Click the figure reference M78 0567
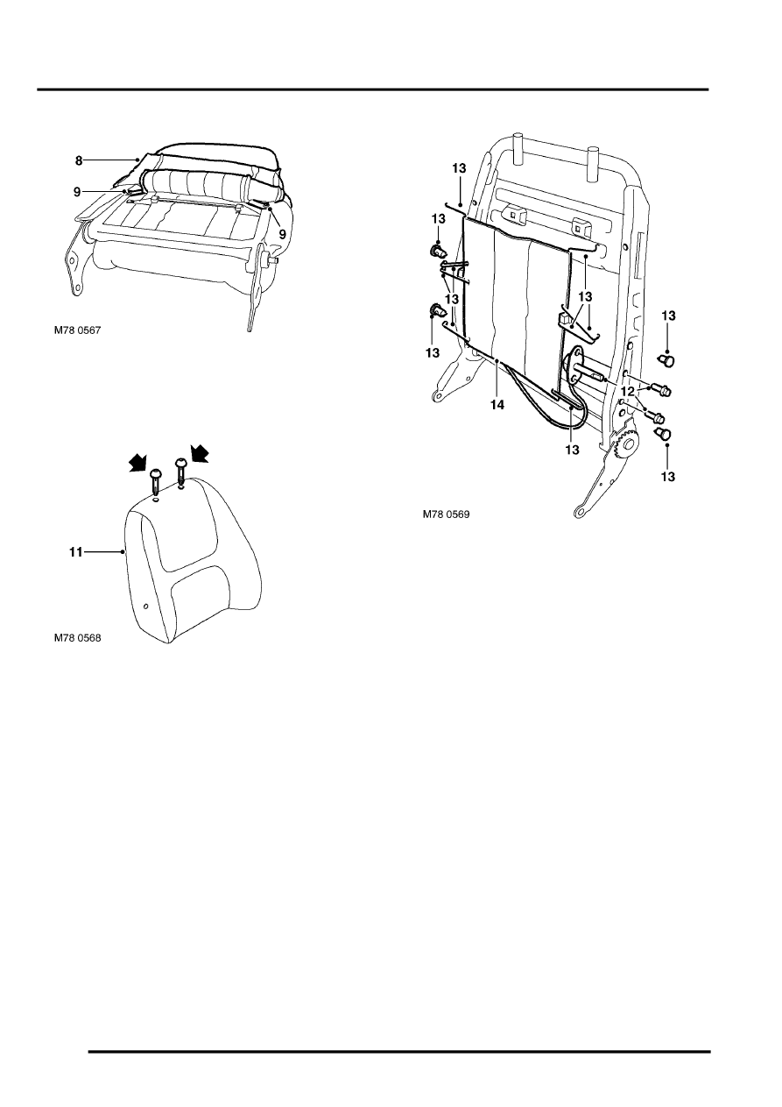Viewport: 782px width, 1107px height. point(77,330)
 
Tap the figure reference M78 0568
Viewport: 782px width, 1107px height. point(77,638)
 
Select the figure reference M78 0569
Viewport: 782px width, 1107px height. point(446,514)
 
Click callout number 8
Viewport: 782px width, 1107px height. point(79,160)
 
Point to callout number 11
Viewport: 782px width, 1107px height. point(75,552)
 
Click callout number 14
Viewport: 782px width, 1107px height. point(497,405)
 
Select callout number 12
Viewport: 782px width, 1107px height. point(628,392)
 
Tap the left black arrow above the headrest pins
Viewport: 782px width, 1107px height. point(138,463)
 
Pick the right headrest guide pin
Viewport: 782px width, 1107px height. point(180,472)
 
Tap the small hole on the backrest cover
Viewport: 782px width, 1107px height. point(144,606)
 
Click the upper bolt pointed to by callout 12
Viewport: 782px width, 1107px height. point(661,390)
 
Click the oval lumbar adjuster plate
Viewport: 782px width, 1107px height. point(574,365)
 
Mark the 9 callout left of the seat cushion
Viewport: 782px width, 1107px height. point(77,192)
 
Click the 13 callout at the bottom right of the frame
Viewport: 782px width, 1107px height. point(667,477)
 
